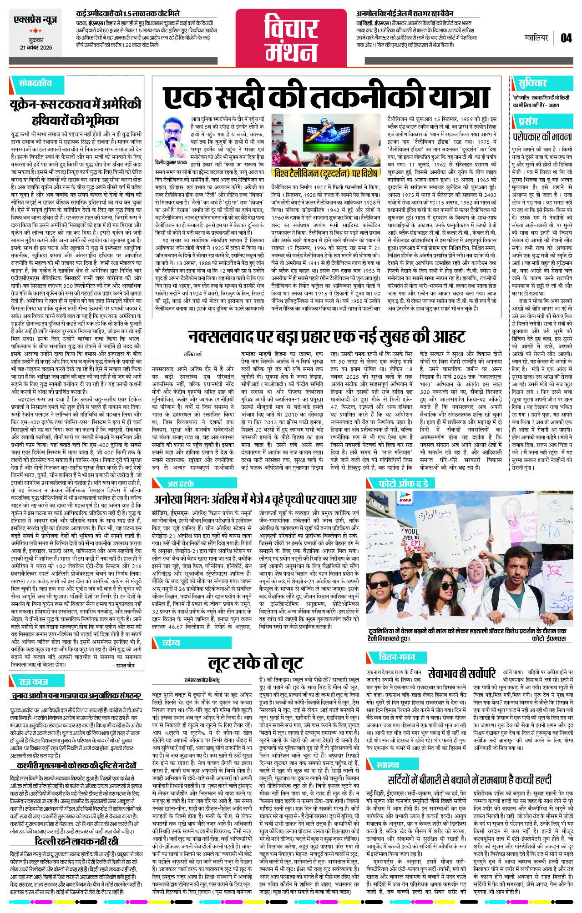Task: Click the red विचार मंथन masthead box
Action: [291, 38]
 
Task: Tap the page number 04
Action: [566, 38]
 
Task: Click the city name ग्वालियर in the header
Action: [536, 38]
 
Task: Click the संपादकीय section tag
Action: [35, 83]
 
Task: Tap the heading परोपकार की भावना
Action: [542, 136]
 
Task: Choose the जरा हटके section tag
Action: [181, 484]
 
